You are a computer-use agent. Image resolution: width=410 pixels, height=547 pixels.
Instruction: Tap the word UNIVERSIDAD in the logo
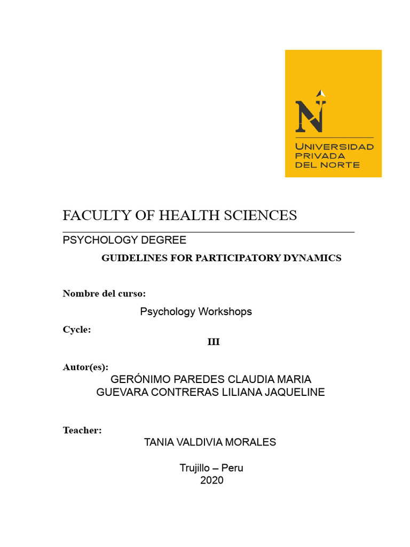pyautogui.click(x=334, y=146)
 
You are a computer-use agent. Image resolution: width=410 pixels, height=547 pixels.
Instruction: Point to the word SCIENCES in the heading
pyautogui.click(x=263, y=215)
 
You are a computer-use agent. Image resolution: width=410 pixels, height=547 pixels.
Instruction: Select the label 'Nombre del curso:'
pyautogui.click(x=104, y=293)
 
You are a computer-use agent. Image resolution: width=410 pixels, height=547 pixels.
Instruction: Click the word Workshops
pyautogui.click(x=225, y=311)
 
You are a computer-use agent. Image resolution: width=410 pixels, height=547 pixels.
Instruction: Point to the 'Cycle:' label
pyautogui.click(x=77, y=330)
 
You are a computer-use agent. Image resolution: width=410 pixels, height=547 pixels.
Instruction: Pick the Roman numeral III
pyautogui.click(x=214, y=342)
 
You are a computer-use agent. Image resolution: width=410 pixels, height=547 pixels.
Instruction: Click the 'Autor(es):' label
pyautogui.click(x=85, y=367)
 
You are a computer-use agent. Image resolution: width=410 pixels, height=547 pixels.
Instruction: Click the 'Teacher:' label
pyautogui.click(x=82, y=430)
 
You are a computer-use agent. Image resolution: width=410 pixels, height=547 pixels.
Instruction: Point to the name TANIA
pyautogui.click(x=159, y=442)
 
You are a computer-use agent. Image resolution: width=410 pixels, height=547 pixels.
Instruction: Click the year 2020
pyautogui.click(x=212, y=480)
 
